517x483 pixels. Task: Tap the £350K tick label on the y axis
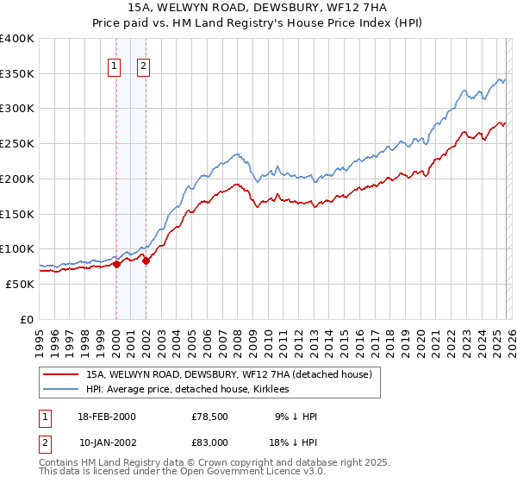pos(17,74)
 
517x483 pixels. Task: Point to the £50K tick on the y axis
pos(21,284)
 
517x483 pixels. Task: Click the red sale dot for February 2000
pos(117,265)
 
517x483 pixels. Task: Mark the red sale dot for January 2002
pos(146,261)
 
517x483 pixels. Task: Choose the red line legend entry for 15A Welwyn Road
pos(228,374)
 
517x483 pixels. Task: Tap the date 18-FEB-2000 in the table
pos(107,417)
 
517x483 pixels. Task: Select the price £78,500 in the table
pos(209,417)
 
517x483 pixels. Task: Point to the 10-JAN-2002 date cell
pos(107,442)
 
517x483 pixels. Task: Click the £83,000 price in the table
pos(209,442)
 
